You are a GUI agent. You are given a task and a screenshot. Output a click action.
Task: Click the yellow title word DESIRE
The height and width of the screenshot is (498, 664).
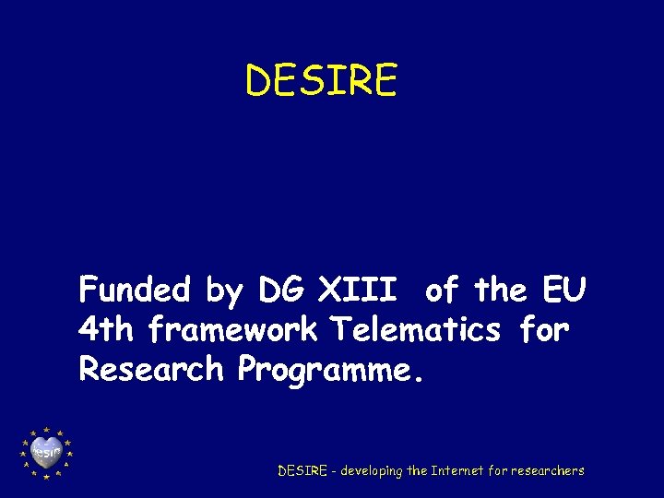pyautogui.click(x=321, y=80)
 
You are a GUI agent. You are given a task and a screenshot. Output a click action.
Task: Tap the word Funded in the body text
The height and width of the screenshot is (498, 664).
pyautogui.click(x=134, y=290)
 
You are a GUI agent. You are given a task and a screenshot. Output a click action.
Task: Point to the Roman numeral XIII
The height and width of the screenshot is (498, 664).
pyautogui.click(x=358, y=290)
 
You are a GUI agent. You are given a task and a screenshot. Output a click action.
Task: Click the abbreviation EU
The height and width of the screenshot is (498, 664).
pyautogui.click(x=562, y=290)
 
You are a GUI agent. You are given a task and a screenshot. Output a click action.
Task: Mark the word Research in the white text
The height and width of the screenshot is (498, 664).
pyautogui.click(x=151, y=369)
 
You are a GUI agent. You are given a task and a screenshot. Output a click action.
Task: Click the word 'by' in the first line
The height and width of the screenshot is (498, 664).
pyautogui.click(x=223, y=291)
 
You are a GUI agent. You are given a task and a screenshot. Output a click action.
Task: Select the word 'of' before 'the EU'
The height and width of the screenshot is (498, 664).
pyautogui.click(x=442, y=290)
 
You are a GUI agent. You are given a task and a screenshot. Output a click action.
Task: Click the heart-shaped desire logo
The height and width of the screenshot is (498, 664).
pyautogui.click(x=46, y=452)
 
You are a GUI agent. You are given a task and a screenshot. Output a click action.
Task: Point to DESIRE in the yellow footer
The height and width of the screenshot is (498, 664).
pyautogui.click(x=302, y=470)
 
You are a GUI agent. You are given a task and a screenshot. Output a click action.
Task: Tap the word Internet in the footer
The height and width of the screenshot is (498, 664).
pyautogui.click(x=457, y=470)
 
